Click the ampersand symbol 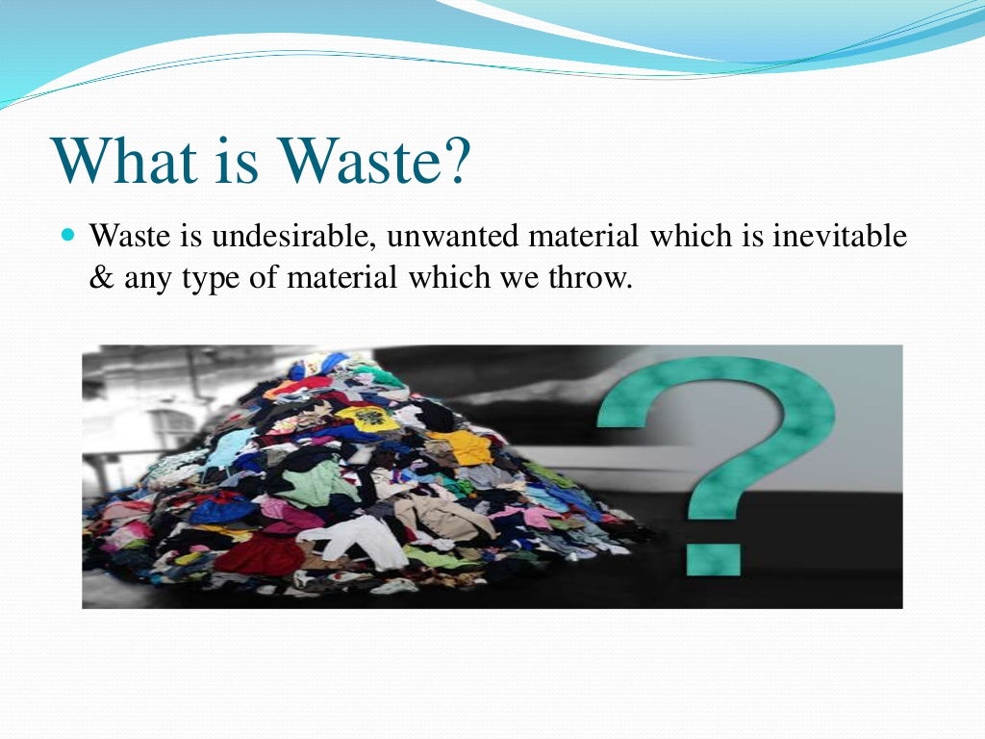[102, 279]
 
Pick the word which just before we [442, 279]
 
